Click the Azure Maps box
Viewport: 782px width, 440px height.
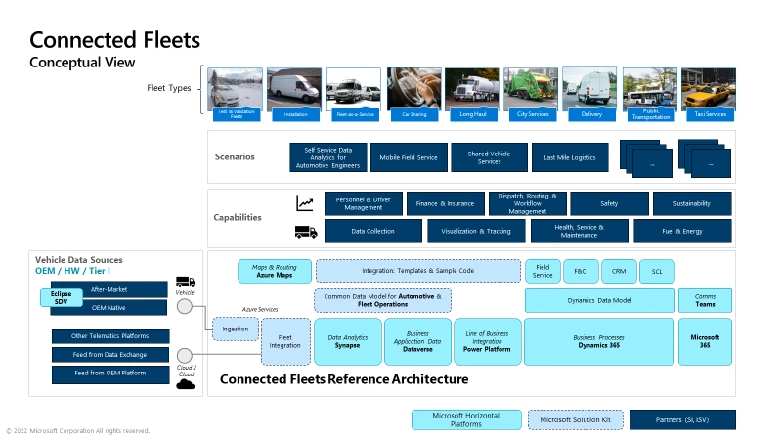tap(274, 271)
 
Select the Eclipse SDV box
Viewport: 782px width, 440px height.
tap(61, 297)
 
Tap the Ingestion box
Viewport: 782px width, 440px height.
tap(235, 330)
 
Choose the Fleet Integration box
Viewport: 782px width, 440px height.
tap(285, 341)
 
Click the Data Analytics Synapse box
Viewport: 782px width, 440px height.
tap(348, 341)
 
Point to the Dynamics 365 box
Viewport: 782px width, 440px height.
tap(598, 341)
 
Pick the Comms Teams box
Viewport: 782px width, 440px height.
tap(704, 300)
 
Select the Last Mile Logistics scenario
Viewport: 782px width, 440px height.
tap(569, 157)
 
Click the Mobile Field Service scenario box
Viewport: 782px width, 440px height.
tap(409, 157)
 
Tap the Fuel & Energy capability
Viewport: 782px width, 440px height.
tap(681, 231)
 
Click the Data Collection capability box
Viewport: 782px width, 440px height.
tap(372, 231)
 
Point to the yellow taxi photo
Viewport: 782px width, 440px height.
tap(709, 89)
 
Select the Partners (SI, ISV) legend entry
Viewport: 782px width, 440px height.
tap(681, 419)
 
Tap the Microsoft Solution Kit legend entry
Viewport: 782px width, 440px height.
tap(575, 419)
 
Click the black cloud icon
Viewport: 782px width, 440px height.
tap(184, 383)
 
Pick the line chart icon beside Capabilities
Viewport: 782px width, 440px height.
tap(305, 203)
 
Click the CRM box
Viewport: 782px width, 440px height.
tap(619, 271)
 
